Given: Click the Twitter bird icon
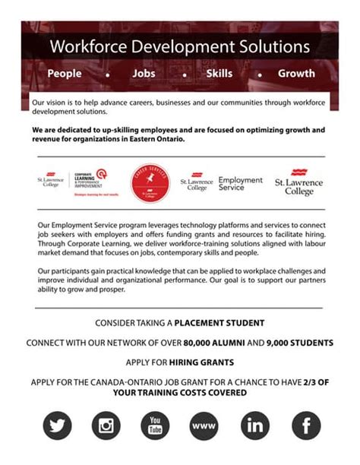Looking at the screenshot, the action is tap(56, 425).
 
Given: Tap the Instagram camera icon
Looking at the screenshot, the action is tap(106, 425).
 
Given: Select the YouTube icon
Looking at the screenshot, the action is tap(155, 425).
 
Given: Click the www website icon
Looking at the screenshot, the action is tap(205, 425).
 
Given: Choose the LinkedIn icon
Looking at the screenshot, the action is tap(255, 425).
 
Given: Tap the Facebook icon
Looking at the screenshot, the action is tap(305, 425).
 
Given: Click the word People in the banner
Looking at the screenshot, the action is tap(65, 74).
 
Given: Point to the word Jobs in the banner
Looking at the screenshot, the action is tap(144, 74).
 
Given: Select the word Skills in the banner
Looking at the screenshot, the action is tap(219, 74).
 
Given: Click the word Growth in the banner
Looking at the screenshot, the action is tap(296, 74).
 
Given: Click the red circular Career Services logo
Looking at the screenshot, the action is tap(150, 183).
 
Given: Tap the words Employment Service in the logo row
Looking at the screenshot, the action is tap(240, 184).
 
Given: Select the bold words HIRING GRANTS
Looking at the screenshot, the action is tap(201, 362).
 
